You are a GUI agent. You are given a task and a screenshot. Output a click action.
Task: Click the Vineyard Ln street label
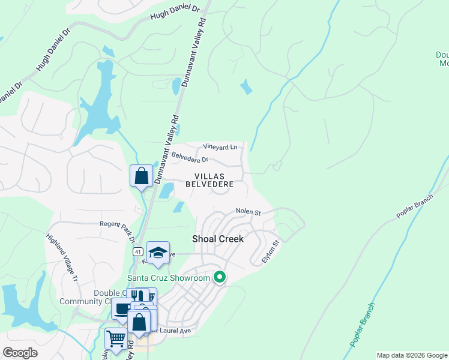(x=220, y=146)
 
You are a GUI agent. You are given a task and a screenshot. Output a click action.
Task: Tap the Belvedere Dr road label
(x=190, y=157)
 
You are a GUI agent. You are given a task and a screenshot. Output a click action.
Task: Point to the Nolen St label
(x=248, y=212)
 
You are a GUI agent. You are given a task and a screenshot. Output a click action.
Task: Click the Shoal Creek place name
(x=218, y=238)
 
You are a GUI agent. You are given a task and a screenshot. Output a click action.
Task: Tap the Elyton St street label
(x=271, y=252)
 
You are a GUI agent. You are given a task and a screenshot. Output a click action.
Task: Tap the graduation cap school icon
(x=158, y=253)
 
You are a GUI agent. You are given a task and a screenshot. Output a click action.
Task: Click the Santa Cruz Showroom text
(x=169, y=277)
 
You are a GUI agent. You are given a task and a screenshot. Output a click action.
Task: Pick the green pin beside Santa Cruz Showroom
(x=220, y=277)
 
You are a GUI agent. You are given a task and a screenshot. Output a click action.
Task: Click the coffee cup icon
(x=123, y=309)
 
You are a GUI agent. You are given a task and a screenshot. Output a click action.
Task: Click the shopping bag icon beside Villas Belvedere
(x=142, y=176)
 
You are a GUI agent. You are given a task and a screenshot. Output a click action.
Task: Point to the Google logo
(x=20, y=353)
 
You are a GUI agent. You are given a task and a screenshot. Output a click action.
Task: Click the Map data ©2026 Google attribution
(x=412, y=355)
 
